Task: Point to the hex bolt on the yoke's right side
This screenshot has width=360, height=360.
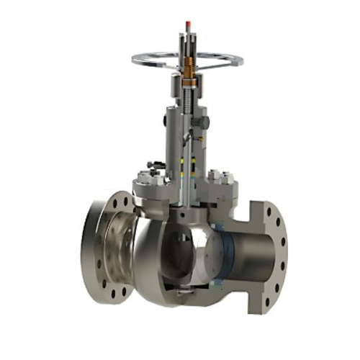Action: click(x=205, y=123)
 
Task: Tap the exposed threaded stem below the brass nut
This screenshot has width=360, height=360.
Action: click(x=189, y=94)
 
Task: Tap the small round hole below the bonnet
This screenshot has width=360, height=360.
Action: click(x=186, y=215)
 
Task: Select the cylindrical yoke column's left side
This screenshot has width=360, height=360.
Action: click(x=171, y=137)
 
